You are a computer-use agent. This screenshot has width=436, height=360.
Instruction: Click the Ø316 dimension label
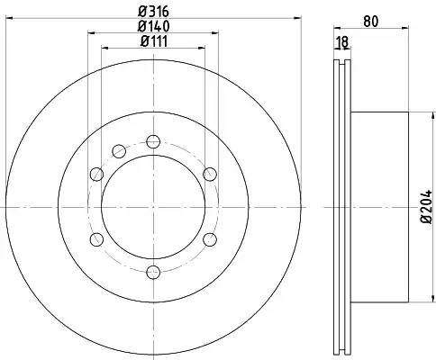click(x=153, y=12)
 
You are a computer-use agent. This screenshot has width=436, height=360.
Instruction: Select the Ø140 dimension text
click(x=153, y=26)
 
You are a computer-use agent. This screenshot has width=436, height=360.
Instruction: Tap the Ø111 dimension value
click(x=154, y=41)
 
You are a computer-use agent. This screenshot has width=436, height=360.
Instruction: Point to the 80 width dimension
click(x=371, y=22)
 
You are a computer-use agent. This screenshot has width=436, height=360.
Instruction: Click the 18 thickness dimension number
click(x=342, y=42)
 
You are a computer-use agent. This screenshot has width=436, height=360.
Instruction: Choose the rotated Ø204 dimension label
click(x=426, y=206)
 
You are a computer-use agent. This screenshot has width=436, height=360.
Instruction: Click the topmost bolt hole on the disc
click(x=153, y=141)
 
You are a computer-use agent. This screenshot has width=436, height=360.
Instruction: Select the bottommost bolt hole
click(x=153, y=273)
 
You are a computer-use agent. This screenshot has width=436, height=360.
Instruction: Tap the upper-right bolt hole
click(x=210, y=175)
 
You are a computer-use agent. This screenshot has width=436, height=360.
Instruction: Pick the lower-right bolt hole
click(x=210, y=239)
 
